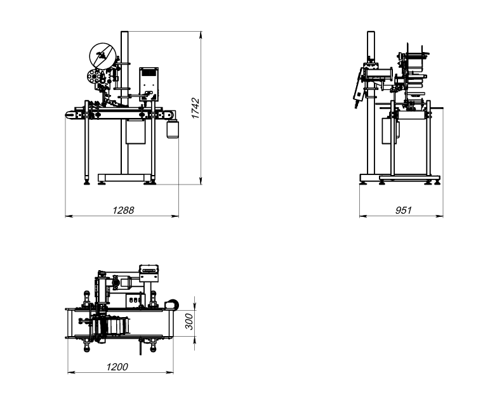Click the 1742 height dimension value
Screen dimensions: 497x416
[x=195, y=108]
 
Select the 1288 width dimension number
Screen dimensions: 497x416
[x=123, y=210]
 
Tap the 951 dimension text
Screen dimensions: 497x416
[x=403, y=210]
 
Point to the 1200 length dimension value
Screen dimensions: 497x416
[x=117, y=367]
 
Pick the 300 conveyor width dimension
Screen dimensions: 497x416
[x=189, y=322]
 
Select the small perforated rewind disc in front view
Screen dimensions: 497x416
[x=94, y=76]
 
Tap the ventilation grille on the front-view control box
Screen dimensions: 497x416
[x=149, y=72]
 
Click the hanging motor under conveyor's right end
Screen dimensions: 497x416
[x=173, y=129]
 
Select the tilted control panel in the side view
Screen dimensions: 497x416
[x=359, y=86]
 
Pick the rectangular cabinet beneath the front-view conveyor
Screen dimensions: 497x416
[x=136, y=131]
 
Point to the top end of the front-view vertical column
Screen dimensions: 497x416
[x=124, y=32]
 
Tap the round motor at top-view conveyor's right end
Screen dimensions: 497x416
[x=171, y=304]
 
